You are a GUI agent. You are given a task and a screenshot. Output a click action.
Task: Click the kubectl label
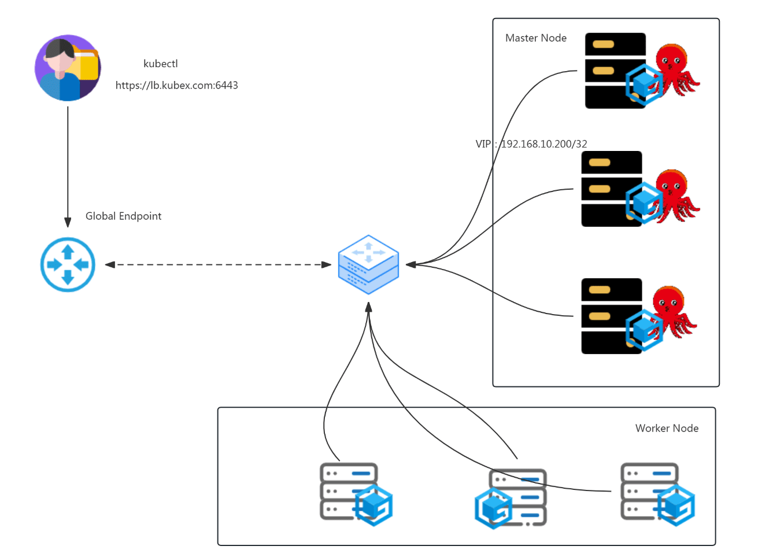pyautogui.click(x=161, y=64)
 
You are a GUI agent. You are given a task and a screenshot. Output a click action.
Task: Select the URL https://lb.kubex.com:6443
pyautogui.click(x=176, y=86)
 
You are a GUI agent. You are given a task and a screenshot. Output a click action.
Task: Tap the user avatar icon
pyautogui.click(x=68, y=68)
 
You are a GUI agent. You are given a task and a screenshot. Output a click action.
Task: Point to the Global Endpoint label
pyautogui.click(x=123, y=216)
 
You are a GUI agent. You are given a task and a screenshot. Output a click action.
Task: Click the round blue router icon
pyautogui.click(x=68, y=265)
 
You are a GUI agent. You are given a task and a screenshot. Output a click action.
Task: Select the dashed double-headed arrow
pyautogui.click(x=218, y=265)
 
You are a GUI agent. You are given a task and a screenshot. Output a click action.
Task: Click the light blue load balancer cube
pyautogui.click(x=368, y=265)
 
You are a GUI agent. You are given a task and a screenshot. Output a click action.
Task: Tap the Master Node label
pyautogui.click(x=536, y=38)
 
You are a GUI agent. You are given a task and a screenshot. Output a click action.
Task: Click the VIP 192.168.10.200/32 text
pyautogui.click(x=531, y=144)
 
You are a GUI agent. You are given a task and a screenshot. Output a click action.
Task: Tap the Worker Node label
pyautogui.click(x=667, y=429)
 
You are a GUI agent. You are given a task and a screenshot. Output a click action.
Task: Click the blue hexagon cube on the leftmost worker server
pyautogui.click(x=374, y=506)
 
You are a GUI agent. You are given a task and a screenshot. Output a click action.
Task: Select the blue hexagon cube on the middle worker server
pyautogui.click(x=494, y=508)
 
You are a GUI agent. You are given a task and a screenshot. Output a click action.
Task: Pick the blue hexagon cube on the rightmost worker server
pyautogui.click(x=676, y=506)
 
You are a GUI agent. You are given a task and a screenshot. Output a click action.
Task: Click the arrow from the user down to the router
pyautogui.click(x=68, y=167)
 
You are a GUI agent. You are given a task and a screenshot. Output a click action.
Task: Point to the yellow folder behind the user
pyautogui.click(x=86, y=64)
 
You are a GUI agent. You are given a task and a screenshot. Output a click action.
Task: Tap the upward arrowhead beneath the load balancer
pyautogui.click(x=368, y=307)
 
